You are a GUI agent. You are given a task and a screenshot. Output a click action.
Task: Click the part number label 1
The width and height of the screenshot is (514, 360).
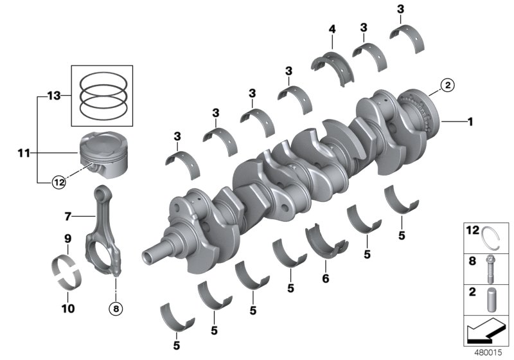(470, 121)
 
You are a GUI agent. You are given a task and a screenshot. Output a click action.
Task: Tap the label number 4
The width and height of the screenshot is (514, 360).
(332, 29)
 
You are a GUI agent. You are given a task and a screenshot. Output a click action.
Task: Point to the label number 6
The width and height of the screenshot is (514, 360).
(325, 279)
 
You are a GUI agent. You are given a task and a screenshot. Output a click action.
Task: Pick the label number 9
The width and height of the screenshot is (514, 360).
(67, 239)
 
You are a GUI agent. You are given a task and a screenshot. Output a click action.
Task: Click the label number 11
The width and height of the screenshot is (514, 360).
(24, 154)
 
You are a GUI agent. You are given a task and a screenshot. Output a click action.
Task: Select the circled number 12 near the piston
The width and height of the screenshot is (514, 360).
(58, 182)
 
